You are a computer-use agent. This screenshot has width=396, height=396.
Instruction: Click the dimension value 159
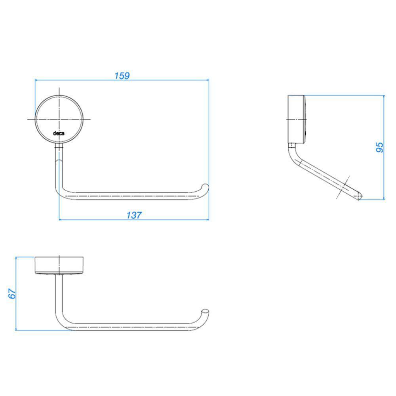[x=122, y=76]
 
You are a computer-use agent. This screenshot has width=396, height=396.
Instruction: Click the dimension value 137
[x=134, y=215]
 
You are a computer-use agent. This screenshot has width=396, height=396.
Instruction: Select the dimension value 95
[x=380, y=147]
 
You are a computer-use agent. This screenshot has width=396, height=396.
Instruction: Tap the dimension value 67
[x=12, y=293]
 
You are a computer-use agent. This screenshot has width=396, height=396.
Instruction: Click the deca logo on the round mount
[x=59, y=133]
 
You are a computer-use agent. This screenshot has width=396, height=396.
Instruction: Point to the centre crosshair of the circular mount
[x=59, y=119]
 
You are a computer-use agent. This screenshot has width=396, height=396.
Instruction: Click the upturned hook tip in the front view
[x=206, y=187]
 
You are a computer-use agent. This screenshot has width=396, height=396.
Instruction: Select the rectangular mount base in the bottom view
[x=59, y=265]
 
